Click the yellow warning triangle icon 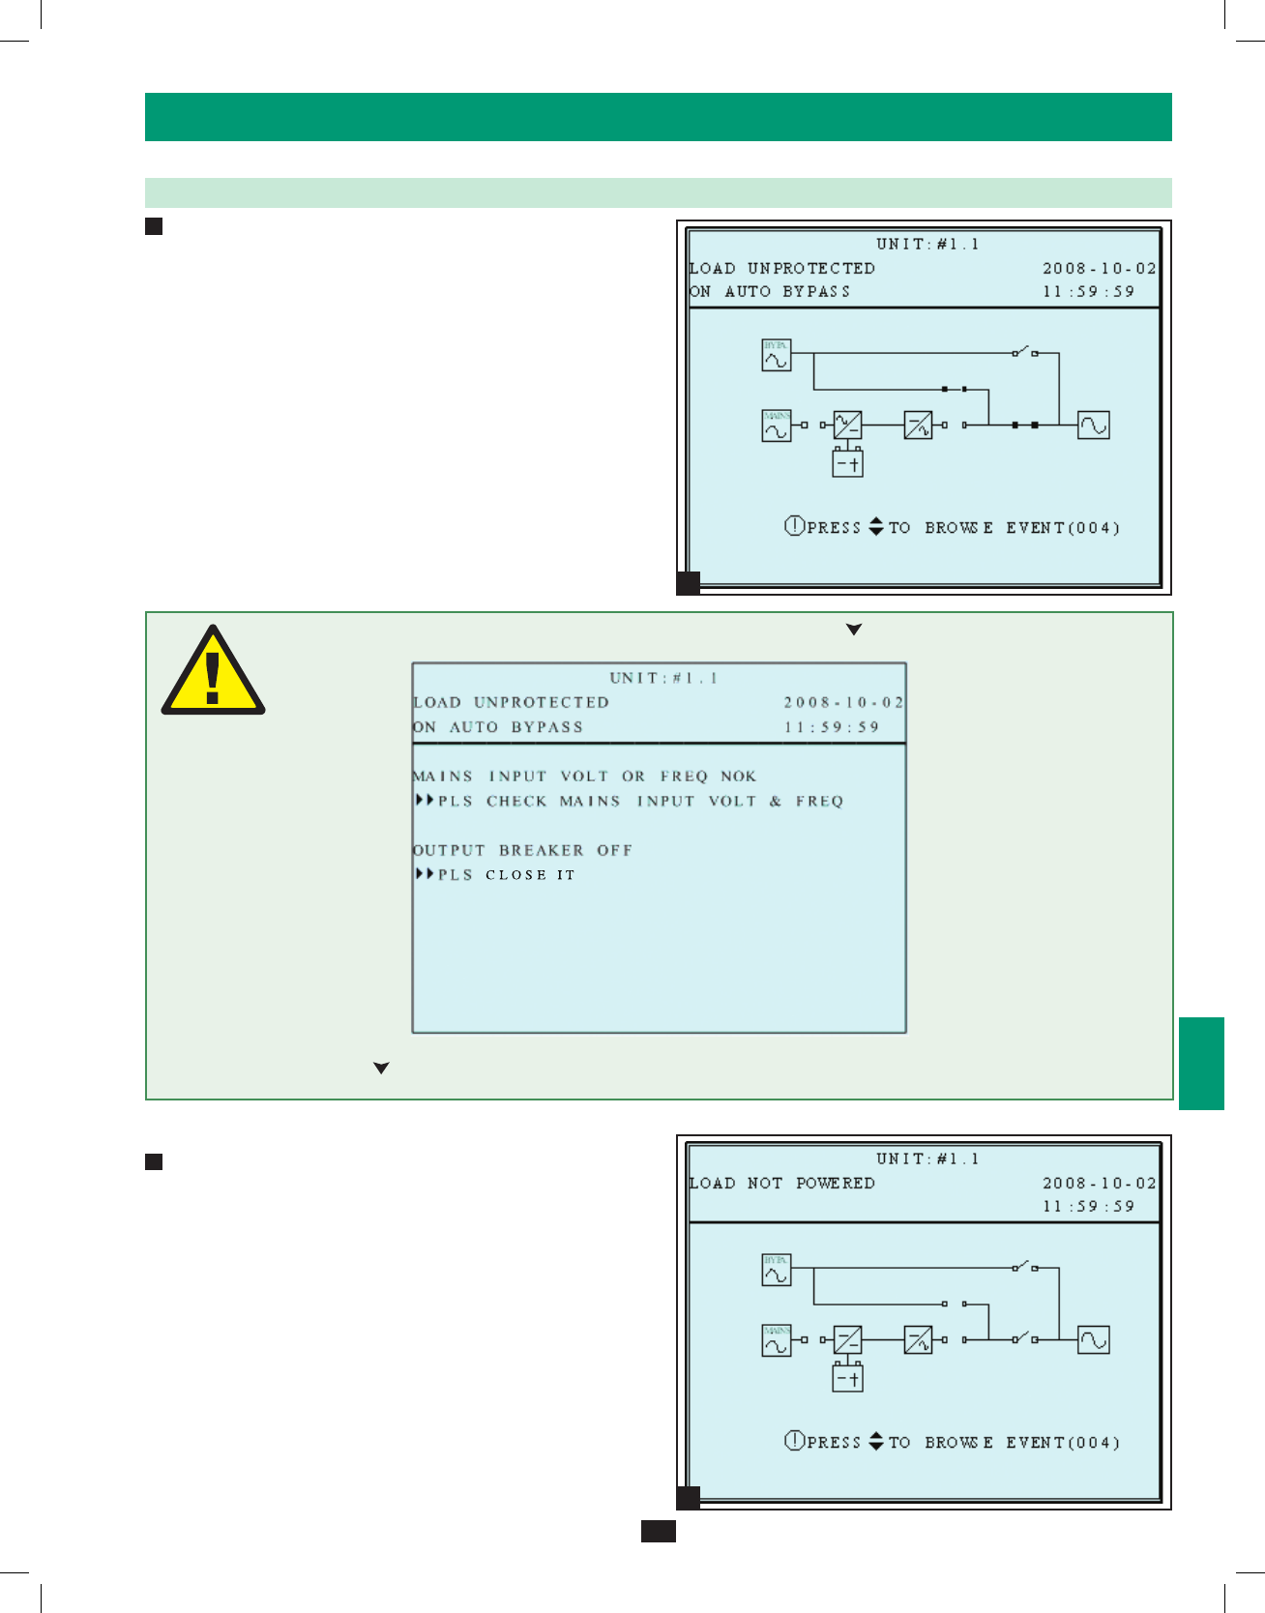tap(213, 672)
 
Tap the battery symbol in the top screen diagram tap(847, 463)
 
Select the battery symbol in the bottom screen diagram tap(847, 1378)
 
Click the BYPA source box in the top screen tap(776, 355)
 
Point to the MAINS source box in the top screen tap(776, 425)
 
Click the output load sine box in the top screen tap(1094, 425)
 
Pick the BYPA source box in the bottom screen tap(776, 1270)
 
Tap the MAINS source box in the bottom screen tap(776, 1340)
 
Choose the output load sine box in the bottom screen tap(1094, 1339)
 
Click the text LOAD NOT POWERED tap(781, 1183)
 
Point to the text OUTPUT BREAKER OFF tap(522, 850)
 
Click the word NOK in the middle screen tap(738, 776)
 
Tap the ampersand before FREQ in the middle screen tap(776, 801)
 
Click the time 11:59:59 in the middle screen tap(832, 727)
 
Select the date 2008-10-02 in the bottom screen tap(1099, 1183)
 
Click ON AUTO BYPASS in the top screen tap(770, 291)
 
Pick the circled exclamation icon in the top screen tap(794, 526)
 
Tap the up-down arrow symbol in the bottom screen tap(876, 1441)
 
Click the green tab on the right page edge tap(1201, 1063)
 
